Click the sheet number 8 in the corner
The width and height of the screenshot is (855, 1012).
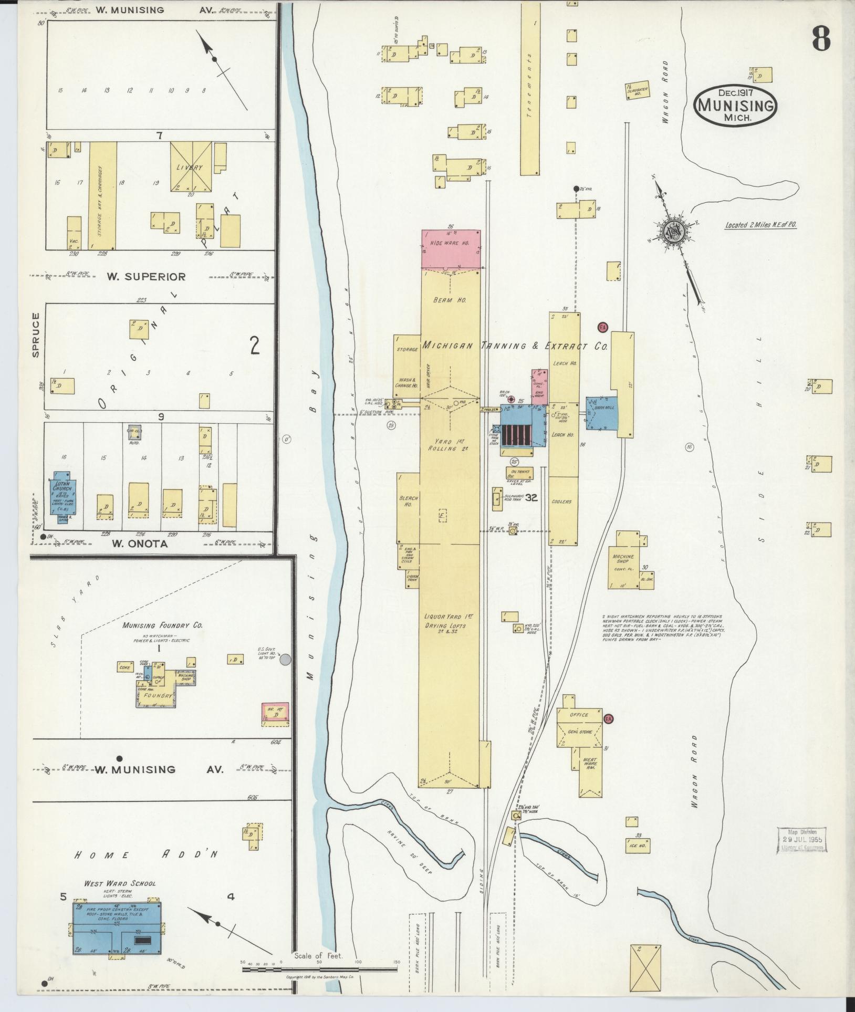tap(821, 38)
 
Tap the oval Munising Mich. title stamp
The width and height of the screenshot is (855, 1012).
tap(736, 105)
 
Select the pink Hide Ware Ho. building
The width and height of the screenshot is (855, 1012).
tap(451, 248)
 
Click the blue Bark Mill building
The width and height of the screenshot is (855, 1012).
tap(601, 414)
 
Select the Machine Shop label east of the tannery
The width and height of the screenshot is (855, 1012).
tap(622, 559)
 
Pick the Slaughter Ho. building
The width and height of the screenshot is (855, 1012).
tap(638, 91)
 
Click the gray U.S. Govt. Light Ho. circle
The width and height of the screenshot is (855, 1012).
tap(286, 659)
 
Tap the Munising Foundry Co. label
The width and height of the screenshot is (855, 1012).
tap(162, 625)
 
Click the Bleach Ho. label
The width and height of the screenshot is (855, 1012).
tap(409, 500)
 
